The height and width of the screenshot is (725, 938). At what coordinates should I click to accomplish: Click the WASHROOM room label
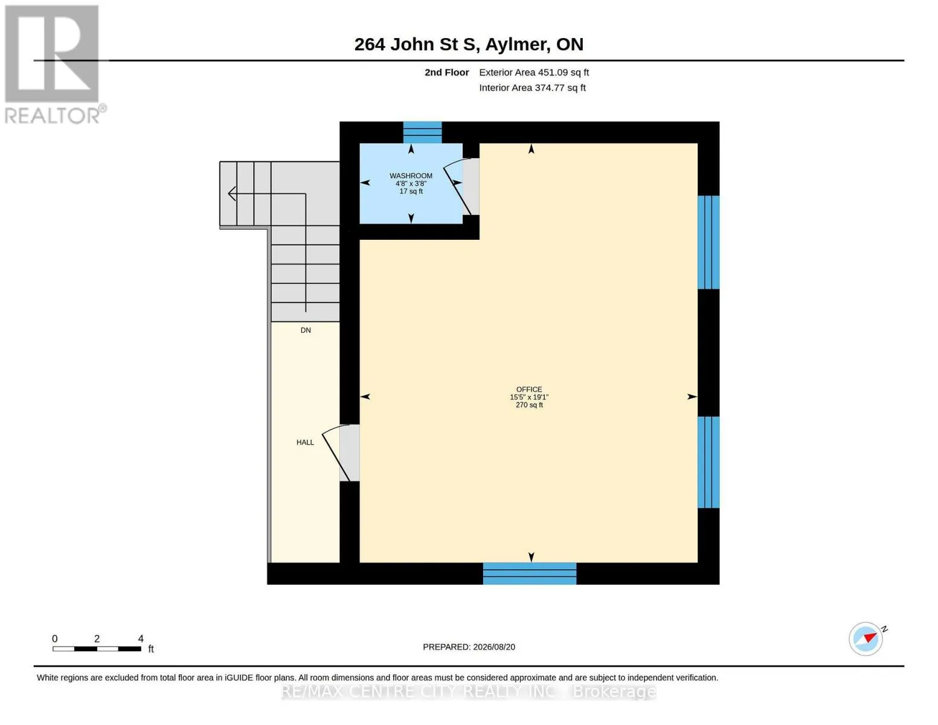[411, 176]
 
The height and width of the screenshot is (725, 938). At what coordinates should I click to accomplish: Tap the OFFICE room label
[528, 389]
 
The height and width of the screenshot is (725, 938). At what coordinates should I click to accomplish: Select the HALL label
[305, 442]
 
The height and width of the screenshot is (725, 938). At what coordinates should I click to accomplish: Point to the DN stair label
[306, 330]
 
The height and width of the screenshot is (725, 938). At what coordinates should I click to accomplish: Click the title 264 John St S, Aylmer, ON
[469, 44]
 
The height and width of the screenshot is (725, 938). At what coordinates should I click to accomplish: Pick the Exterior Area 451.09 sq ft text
[534, 72]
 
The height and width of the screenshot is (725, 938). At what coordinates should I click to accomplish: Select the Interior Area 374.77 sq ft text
[532, 88]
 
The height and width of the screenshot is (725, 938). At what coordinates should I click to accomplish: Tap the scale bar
[97, 648]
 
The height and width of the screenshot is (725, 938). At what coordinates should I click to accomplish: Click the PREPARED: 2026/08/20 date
[469, 647]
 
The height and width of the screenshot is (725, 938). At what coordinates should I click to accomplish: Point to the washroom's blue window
[422, 132]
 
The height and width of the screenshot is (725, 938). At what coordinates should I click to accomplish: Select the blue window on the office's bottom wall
[529, 573]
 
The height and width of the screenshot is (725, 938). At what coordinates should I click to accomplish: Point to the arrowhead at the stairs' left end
[232, 194]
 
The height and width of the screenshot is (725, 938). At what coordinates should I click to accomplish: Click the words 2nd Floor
[446, 72]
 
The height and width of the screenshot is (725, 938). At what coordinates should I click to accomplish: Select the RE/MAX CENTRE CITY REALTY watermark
[469, 691]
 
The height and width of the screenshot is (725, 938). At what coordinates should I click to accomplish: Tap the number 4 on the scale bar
[141, 638]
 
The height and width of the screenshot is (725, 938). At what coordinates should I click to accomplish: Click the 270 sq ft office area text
[528, 405]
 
